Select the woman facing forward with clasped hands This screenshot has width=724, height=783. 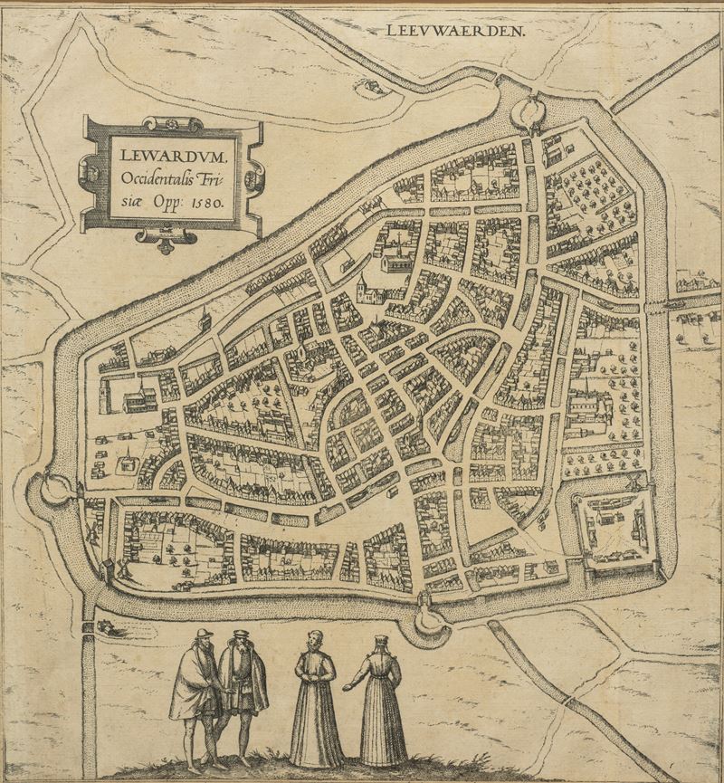(x=316, y=697)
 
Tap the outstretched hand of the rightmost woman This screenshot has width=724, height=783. (x=347, y=680)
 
